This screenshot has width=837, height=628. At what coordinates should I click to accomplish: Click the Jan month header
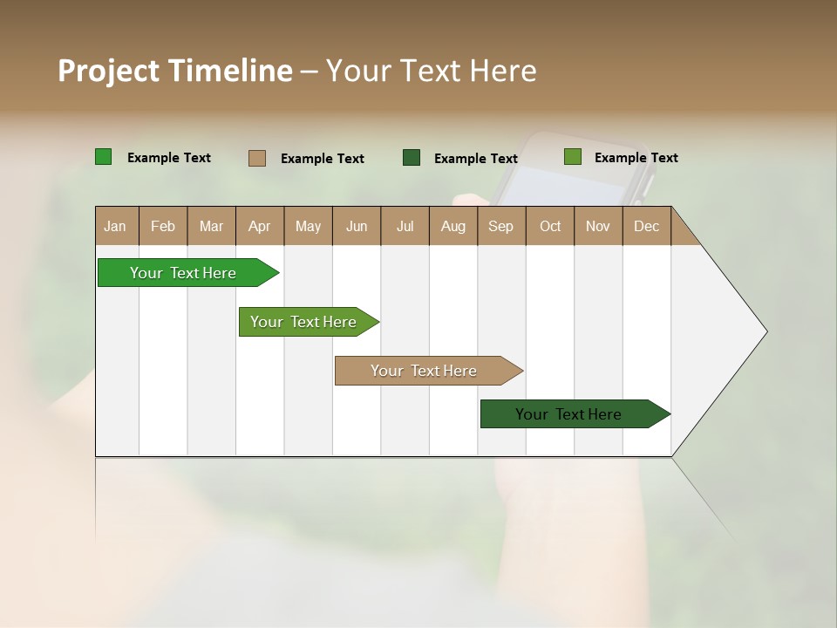(x=115, y=226)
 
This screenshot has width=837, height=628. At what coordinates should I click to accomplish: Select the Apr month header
(x=260, y=226)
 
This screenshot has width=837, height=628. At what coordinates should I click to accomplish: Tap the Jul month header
(x=405, y=226)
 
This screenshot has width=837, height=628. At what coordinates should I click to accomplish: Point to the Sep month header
(x=500, y=226)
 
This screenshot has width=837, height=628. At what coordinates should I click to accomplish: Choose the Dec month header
(x=646, y=226)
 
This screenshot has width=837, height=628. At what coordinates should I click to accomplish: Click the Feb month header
(x=163, y=226)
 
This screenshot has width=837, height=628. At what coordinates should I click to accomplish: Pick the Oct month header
(x=550, y=226)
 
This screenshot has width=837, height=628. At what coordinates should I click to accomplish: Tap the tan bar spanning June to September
(x=425, y=371)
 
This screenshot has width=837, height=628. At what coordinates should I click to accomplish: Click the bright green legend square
(x=104, y=157)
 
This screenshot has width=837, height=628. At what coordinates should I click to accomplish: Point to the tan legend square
(x=257, y=158)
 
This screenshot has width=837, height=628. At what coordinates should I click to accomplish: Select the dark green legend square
(x=412, y=158)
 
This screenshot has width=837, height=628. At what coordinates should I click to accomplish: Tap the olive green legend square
(x=572, y=157)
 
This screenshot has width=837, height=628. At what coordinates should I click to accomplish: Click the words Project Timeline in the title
(x=175, y=71)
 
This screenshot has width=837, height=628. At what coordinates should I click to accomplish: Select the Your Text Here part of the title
(x=431, y=71)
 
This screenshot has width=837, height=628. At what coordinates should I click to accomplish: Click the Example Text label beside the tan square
(x=323, y=159)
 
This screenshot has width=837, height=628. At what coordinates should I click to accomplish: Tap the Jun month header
(x=357, y=226)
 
